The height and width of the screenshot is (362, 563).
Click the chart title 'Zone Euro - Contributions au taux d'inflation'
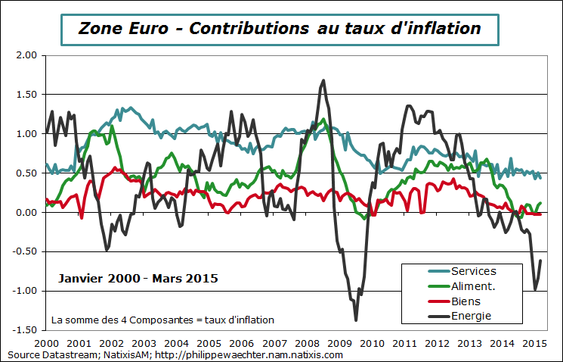click(280, 29)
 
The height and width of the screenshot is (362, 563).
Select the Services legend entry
click(473, 271)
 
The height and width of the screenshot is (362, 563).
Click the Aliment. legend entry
click(473, 286)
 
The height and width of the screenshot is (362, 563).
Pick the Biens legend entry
click(466, 301)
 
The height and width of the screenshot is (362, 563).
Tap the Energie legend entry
click(472, 316)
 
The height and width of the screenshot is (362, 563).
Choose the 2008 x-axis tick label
click(307, 343)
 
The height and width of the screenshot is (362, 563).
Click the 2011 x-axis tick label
click(404, 343)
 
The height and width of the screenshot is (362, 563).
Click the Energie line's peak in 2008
click(323, 80)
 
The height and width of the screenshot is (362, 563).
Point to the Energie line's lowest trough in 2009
click(356, 320)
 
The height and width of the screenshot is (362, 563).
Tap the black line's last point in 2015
click(540, 261)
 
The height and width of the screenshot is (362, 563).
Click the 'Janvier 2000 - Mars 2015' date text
click(138, 279)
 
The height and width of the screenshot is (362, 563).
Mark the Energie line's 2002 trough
click(107, 249)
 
